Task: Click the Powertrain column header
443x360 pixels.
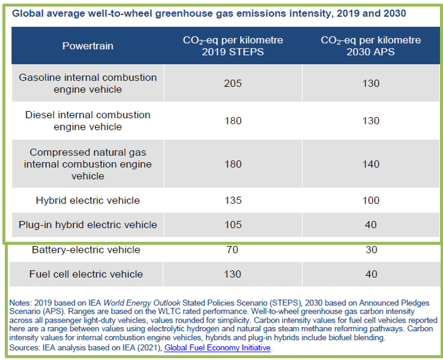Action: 88,46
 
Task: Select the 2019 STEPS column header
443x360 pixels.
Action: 232,46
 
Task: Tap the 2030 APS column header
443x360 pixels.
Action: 371,46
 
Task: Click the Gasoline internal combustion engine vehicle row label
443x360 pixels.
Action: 88,83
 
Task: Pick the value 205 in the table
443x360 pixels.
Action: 232,83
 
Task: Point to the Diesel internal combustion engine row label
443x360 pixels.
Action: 88,121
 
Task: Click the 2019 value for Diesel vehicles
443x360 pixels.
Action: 232,121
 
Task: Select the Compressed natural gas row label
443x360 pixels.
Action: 88,164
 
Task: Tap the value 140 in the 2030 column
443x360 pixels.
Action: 371,164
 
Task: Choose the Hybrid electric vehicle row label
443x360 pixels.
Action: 88,200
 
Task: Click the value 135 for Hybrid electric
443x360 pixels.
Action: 232,200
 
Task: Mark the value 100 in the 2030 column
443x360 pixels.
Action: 371,200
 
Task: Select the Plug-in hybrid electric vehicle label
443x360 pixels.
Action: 88,225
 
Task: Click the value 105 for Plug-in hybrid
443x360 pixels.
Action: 232,225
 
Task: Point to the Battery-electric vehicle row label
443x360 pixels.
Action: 86,250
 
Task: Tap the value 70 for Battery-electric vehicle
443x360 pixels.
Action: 232,250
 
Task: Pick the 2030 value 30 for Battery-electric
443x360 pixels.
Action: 371,250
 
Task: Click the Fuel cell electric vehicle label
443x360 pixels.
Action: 86,274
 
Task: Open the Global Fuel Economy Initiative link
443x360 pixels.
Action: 217,347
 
